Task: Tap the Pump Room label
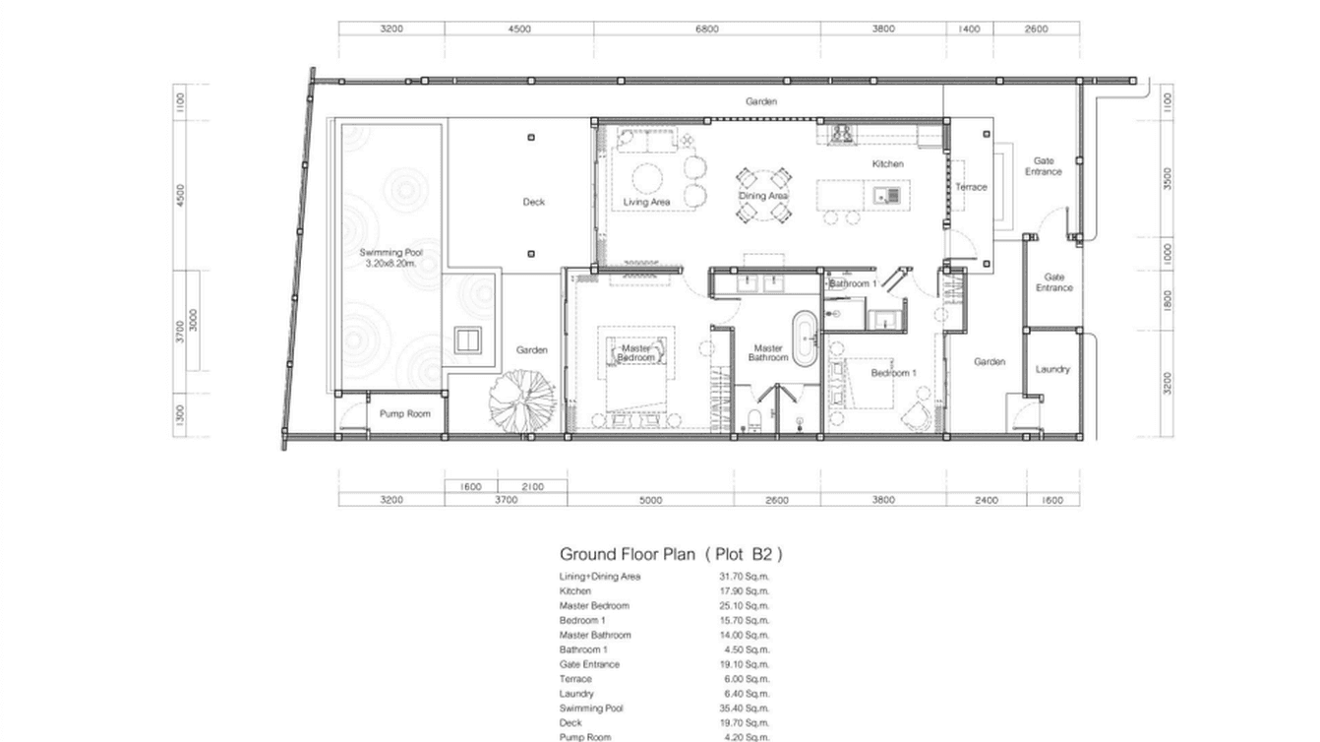click(404, 413)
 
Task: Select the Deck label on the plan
click(533, 202)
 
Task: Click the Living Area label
click(646, 202)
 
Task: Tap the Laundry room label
click(1051, 369)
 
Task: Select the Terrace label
click(971, 187)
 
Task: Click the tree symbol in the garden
click(522, 401)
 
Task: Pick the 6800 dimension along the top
click(706, 29)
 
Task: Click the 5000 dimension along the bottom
click(650, 500)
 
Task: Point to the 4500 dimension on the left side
click(180, 195)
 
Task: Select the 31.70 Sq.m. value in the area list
click(744, 577)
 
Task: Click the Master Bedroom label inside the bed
click(634, 352)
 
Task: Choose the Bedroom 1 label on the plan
click(893, 373)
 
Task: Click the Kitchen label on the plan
click(887, 164)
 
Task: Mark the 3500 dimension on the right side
click(1168, 178)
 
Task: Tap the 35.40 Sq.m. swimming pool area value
click(744, 709)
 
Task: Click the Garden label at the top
click(760, 101)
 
